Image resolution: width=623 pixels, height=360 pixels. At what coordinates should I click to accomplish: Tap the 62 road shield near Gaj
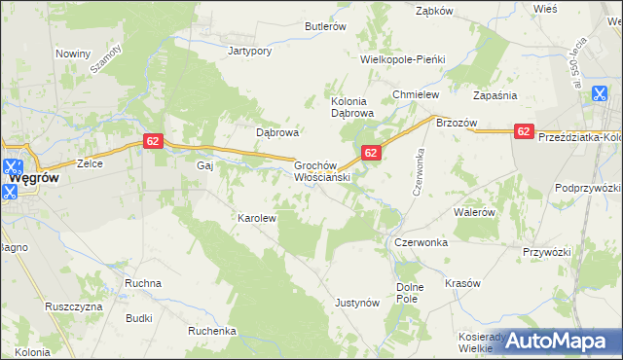tap(152, 141)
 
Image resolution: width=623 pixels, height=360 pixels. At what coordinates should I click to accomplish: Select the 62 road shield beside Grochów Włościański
tap(371, 153)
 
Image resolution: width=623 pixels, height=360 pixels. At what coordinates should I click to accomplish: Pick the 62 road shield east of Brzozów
tap(524, 131)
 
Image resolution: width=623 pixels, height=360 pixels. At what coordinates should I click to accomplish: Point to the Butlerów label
tap(327, 27)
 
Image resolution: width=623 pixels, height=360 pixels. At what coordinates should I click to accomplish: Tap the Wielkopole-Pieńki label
tap(402, 59)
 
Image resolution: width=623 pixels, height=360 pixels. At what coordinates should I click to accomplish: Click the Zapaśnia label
tap(495, 95)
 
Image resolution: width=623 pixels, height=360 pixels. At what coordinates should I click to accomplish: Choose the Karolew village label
tap(258, 219)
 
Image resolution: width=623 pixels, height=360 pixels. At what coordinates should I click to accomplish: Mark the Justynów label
tap(356, 303)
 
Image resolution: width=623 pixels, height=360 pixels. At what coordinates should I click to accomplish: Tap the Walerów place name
tap(476, 211)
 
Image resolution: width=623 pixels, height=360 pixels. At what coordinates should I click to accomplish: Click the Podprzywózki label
tap(587, 187)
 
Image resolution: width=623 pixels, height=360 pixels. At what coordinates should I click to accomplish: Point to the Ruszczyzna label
tap(73, 306)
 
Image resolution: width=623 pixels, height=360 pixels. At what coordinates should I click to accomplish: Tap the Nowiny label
tap(73, 54)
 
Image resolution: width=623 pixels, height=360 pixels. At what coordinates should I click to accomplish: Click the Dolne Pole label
tap(414, 294)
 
